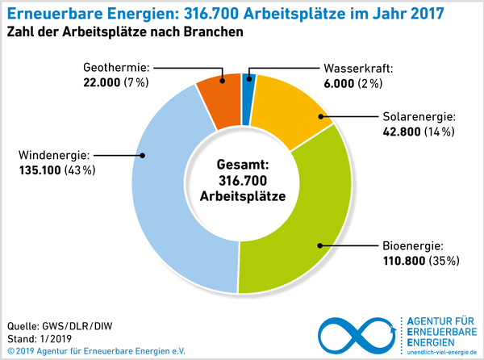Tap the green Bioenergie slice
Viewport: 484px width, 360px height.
(x=298, y=234)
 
